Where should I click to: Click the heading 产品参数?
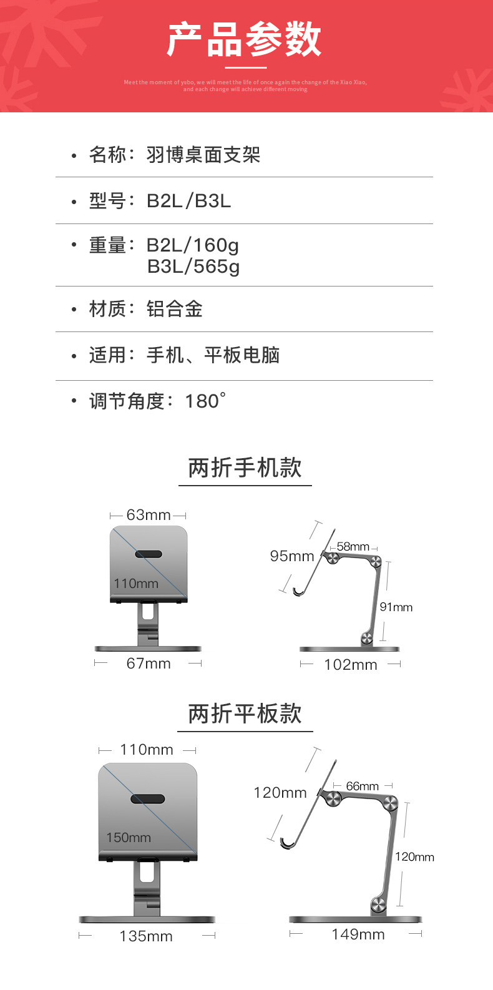245,39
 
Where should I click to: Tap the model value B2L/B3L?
188,200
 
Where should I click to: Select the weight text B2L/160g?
192,245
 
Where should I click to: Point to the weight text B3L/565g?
193,267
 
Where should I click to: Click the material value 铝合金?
174,309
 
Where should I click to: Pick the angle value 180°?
205,401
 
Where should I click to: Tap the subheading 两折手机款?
245,468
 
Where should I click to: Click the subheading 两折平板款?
245,713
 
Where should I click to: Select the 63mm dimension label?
148,515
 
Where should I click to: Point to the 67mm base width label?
148,664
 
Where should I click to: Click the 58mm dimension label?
353,547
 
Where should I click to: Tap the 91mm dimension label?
396,607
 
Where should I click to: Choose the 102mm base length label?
350,665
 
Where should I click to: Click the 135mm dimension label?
146,936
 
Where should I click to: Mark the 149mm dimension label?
358,934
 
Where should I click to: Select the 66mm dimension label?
362,787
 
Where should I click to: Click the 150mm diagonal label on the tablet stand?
129,838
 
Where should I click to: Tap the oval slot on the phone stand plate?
149,554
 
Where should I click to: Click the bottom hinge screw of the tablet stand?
378,904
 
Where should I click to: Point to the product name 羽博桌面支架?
203,154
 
